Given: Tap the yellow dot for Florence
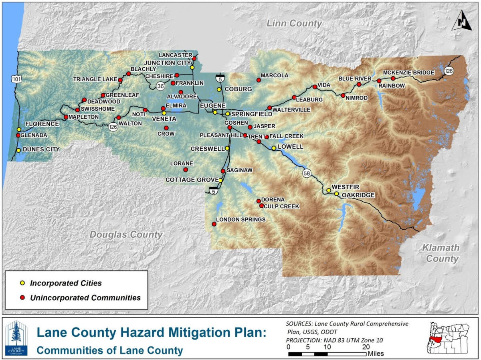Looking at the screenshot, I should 19,129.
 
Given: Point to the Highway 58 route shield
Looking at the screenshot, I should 307,173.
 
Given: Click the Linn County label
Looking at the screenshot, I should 294,24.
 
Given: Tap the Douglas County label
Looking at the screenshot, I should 126,235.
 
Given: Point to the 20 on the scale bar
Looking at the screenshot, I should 366,347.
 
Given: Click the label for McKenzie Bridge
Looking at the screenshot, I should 408,73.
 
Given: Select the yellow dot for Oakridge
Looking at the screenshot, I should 336,194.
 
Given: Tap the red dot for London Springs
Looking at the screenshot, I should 214,224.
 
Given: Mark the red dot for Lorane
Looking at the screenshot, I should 186,170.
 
